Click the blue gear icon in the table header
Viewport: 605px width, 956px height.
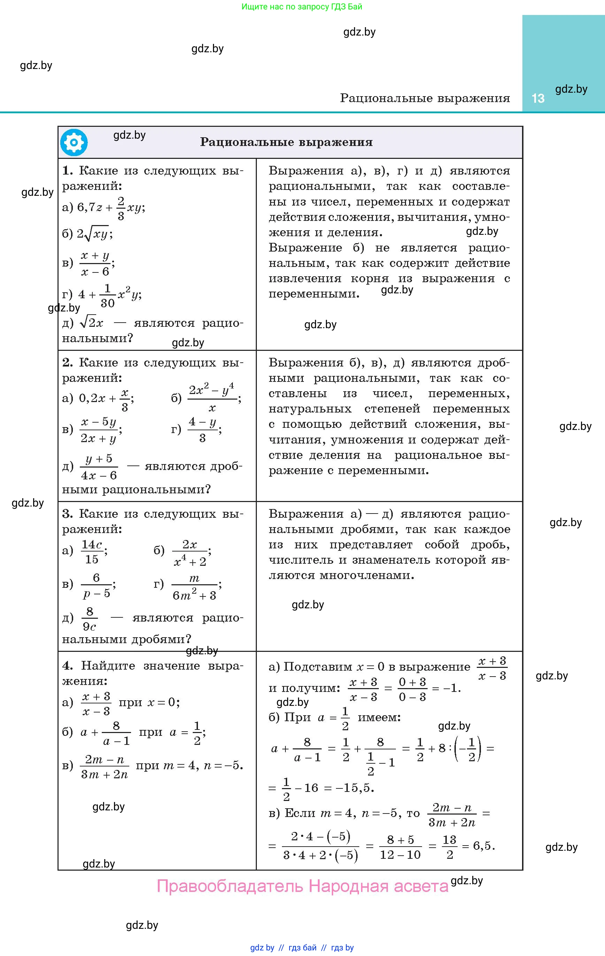pyautogui.click(x=74, y=142)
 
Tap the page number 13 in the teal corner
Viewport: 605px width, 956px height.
pyautogui.click(x=537, y=99)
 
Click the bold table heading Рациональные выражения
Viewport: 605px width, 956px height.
pyautogui.click(x=286, y=142)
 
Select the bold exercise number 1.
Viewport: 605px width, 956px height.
pyautogui.click(x=67, y=171)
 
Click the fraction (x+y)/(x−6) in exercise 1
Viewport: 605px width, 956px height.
pyautogui.click(x=95, y=263)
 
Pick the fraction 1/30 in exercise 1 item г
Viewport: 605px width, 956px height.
pyautogui.click(x=107, y=296)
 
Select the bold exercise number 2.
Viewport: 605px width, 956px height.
pyautogui.click(x=67, y=362)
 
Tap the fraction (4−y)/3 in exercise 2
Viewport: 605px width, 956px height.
pyautogui.click(x=202, y=430)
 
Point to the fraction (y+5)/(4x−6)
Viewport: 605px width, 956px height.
pyautogui.click(x=99, y=467)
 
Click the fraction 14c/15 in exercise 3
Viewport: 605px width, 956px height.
pyautogui.click(x=92, y=552)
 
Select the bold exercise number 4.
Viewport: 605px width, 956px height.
pyautogui.click(x=67, y=666)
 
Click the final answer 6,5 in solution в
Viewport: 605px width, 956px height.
pyautogui.click(x=483, y=846)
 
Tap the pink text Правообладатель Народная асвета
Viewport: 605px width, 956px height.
pyautogui.click(x=302, y=886)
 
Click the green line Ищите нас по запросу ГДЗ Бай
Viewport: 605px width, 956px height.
pyautogui.click(x=302, y=7)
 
